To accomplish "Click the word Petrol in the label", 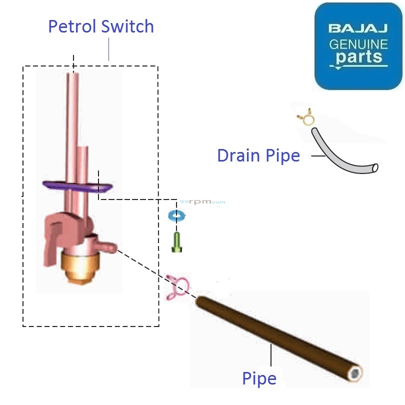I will (x=72, y=27).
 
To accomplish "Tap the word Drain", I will (x=238, y=155).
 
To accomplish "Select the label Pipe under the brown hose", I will (x=259, y=378).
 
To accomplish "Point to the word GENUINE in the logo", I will (x=358, y=44).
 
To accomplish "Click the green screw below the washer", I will (x=176, y=242).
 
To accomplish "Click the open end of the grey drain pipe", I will (x=374, y=167).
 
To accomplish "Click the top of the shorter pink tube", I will (x=83, y=147).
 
